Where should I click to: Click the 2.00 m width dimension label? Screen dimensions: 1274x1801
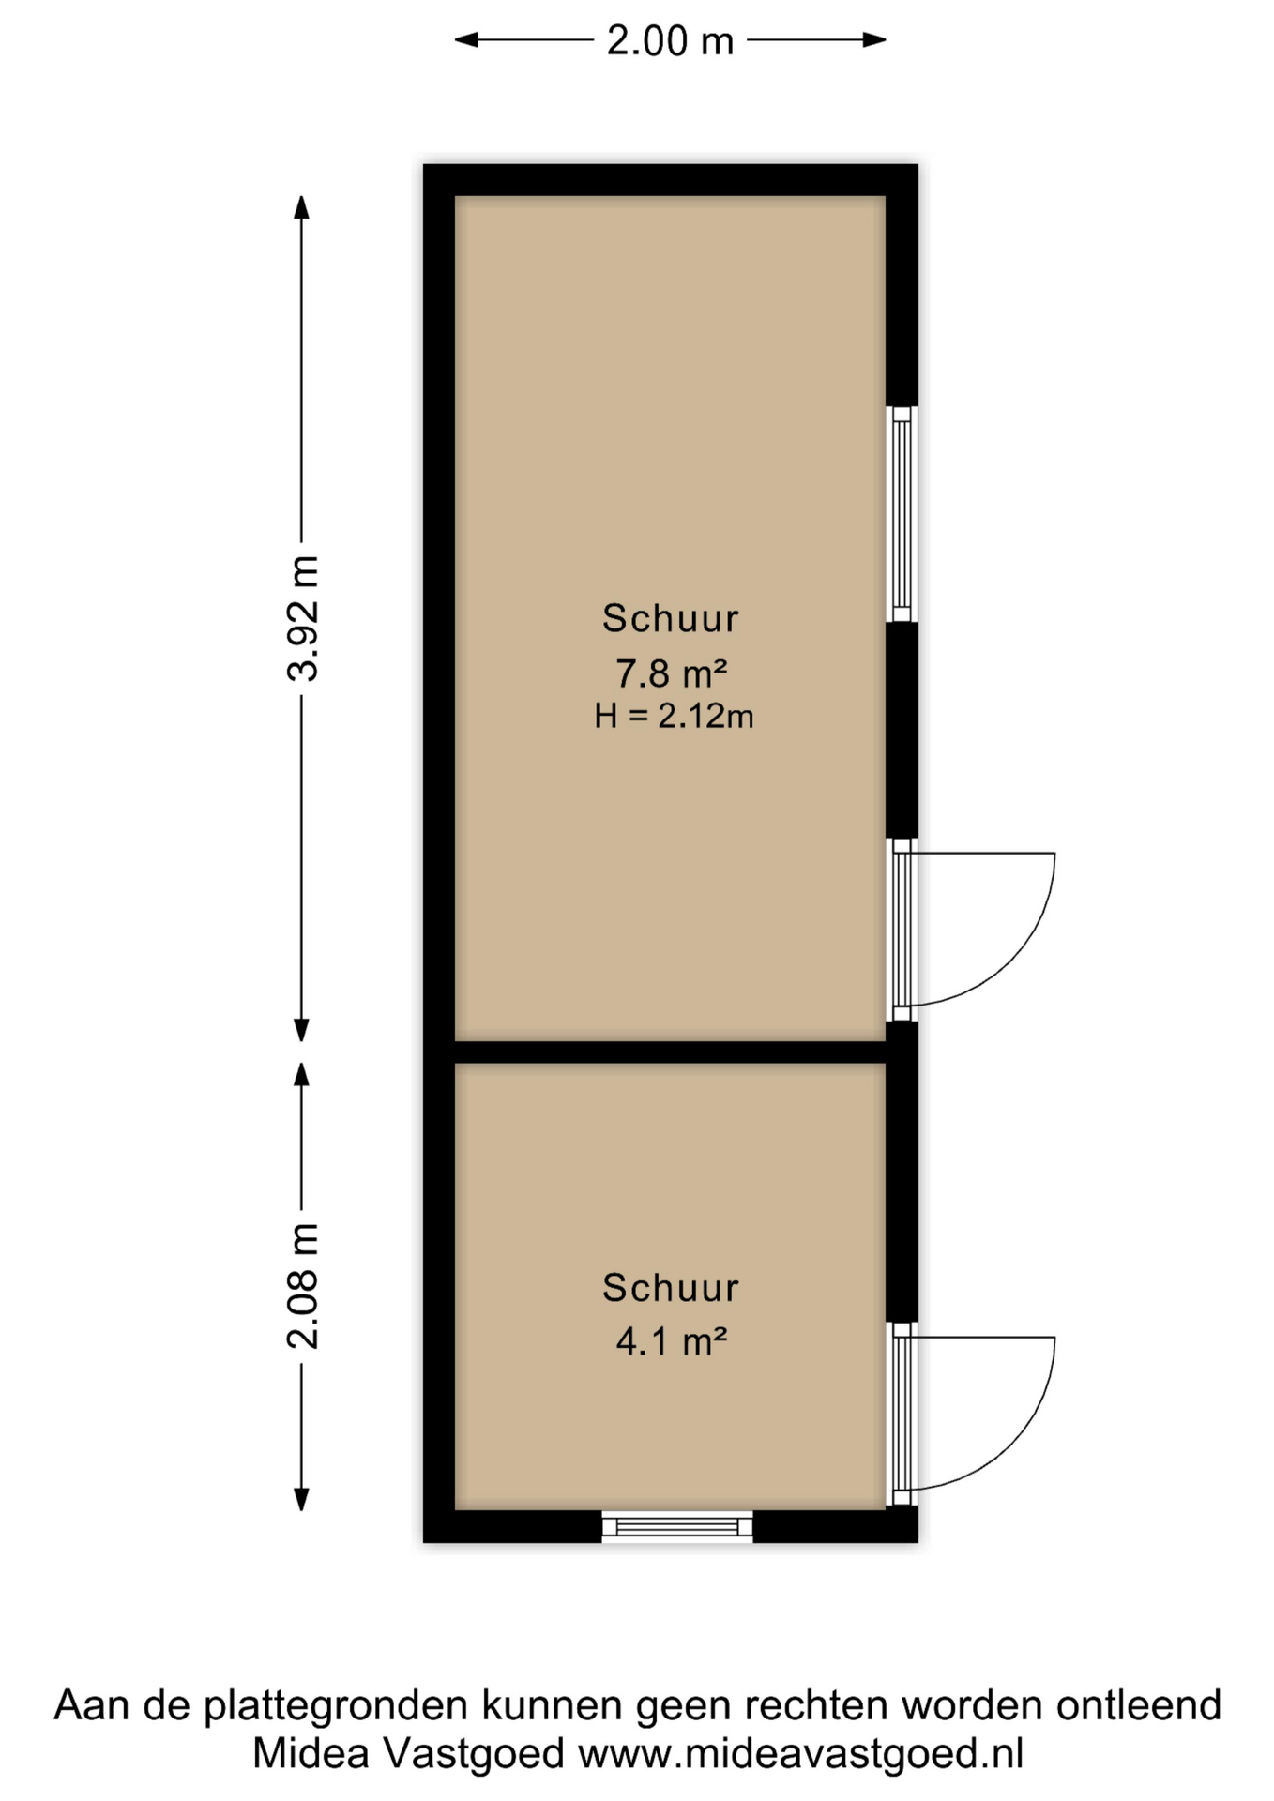[x=670, y=41]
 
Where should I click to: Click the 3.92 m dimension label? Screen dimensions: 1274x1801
[x=303, y=617]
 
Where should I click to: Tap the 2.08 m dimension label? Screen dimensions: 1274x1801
[x=303, y=1285]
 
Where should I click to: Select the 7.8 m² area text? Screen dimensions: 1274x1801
[x=671, y=673]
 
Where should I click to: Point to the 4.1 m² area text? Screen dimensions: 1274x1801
[x=671, y=1341]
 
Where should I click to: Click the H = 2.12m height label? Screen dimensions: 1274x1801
[x=674, y=717]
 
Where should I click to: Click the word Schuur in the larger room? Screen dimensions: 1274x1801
[x=670, y=619]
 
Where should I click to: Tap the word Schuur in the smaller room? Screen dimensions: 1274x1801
[x=670, y=1288]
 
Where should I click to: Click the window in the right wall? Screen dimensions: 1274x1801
[x=902, y=514]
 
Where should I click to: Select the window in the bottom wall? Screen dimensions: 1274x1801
[x=677, y=1526]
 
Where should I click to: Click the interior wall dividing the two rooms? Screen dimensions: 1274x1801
[x=670, y=1052]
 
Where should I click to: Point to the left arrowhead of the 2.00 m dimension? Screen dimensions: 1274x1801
[x=466, y=39]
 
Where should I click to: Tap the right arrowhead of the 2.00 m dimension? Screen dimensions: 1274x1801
[x=875, y=39]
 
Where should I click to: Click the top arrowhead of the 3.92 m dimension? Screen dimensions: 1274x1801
[x=301, y=206]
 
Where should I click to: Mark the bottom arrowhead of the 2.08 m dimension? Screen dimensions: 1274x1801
[x=301, y=1499]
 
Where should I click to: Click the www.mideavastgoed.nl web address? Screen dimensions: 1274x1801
[x=800, y=1753]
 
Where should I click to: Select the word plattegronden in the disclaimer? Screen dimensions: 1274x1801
[x=336, y=1705]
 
